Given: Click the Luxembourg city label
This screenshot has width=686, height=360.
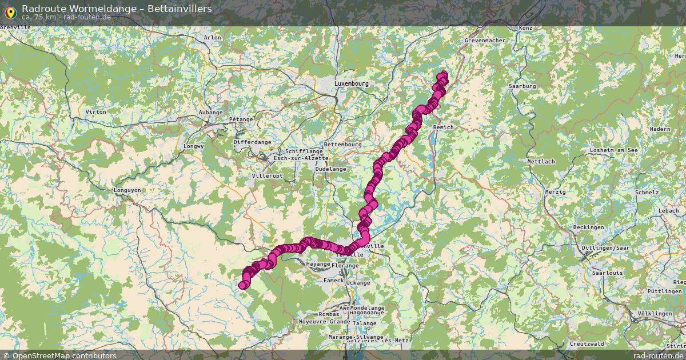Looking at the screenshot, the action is click(x=352, y=83).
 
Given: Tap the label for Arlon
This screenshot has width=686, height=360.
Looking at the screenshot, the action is click(x=212, y=38).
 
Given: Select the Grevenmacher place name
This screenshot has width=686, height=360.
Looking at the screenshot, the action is click(x=485, y=41).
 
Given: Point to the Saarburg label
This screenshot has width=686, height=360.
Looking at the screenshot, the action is click(x=522, y=86).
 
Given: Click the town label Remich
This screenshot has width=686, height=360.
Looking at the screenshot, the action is click(x=444, y=127).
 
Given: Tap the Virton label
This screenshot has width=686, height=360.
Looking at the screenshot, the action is click(x=95, y=111).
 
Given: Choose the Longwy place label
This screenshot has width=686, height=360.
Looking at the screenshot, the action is click(x=193, y=146).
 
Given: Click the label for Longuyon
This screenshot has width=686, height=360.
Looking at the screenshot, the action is click(x=128, y=190).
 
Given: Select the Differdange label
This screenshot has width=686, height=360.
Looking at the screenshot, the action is click(x=252, y=142).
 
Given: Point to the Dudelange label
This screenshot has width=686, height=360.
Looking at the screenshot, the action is click(x=331, y=169).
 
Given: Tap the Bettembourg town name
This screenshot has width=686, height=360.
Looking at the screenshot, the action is click(x=342, y=145).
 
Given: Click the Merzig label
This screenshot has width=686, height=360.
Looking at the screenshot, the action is click(x=555, y=192).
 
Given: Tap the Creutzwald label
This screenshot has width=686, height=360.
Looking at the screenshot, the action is click(x=587, y=343).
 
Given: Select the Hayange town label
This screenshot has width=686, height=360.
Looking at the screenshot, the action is click(x=318, y=264).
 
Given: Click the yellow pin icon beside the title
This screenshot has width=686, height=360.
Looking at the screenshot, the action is click(x=10, y=11).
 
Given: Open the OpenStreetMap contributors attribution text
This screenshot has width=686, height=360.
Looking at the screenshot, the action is click(x=64, y=355).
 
